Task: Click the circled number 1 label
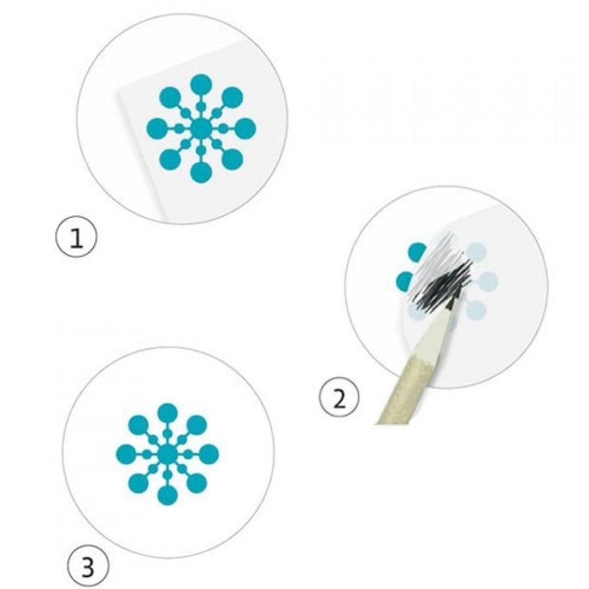(x=77, y=237)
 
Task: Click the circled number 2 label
(x=339, y=399)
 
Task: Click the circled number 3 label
(x=87, y=568)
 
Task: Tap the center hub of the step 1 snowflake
(x=201, y=128)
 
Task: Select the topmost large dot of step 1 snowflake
(x=202, y=85)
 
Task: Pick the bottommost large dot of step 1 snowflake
(x=201, y=172)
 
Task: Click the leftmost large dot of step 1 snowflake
(x=157, y=128)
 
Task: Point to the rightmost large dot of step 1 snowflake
(x=245, y=128)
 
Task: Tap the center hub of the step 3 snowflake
(x=168, y=454)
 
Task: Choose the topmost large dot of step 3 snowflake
(x=168, y=414)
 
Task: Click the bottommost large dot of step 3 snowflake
(x=168, y=495)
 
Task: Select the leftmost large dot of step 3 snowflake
(x=126, y=454)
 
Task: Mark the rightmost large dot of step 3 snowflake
(x=209, y=454)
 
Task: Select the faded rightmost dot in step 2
(x=488, y=281)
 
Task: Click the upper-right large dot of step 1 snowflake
(x=232, y=98)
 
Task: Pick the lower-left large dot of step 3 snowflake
(x=138, y=483)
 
